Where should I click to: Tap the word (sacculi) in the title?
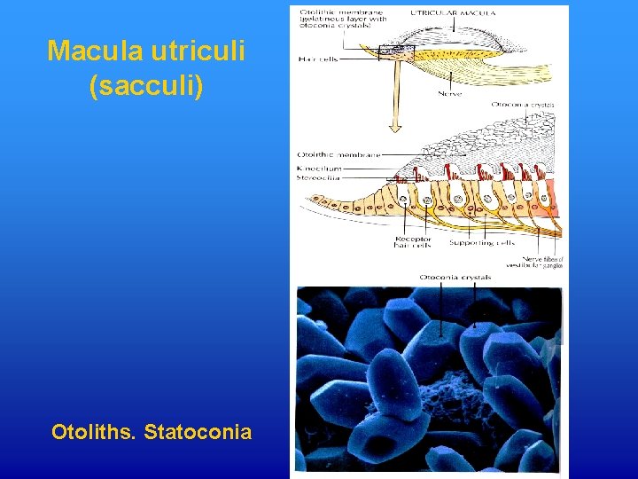tap(147, 87)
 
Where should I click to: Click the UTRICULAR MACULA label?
tap(454, 12)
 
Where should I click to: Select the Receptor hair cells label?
tap(412, 242)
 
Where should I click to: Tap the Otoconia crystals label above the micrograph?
tap(455, 278)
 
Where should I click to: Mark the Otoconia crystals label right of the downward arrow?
tap(523, 105)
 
